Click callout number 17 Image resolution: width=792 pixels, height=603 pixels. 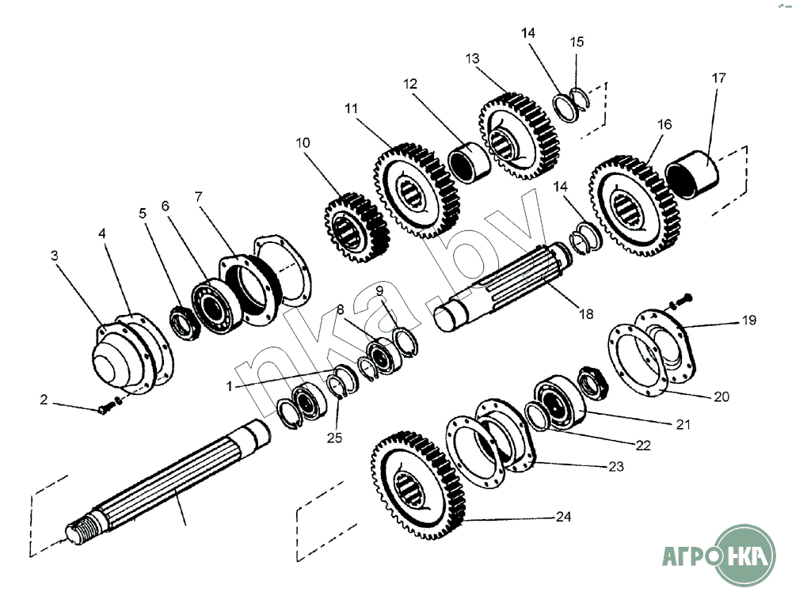coord(718,79)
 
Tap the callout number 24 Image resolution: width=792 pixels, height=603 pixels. coord(563,518)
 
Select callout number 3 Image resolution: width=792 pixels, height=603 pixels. coord(55,256)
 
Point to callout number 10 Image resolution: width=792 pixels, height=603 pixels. coord(303,143)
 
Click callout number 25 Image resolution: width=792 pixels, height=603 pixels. coord(336,437)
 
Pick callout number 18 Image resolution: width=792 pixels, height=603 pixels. coord(585,313)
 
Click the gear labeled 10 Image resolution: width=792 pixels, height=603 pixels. coord(356,226)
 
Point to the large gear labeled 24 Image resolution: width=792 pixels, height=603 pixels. coord(417,487)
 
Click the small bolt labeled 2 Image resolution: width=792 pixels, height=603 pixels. coord(106,408)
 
